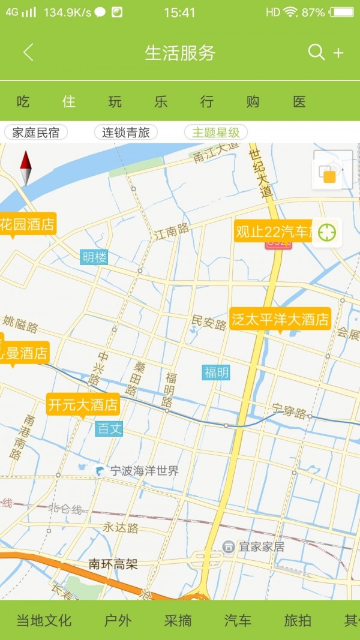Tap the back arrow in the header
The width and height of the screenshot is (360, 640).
coord(28,53)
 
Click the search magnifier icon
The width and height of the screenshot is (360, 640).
coord(316,52)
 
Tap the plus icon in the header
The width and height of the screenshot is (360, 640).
coord(338,53)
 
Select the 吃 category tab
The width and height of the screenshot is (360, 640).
coord(23,101)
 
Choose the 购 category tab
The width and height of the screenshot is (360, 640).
coord(253,101)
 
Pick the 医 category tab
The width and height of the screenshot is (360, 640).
coord(299,101)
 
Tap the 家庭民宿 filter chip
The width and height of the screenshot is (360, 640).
coord(36,133)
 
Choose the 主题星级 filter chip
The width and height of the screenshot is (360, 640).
coord(216,133)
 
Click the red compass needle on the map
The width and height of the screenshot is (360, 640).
coord(25,162)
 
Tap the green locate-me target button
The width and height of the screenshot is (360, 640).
coord(327,232)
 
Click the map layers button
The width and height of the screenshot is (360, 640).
coord(328,173)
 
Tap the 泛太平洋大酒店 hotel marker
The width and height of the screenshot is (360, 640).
coord(280,319)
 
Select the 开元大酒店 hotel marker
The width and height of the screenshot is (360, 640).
coord(83,404)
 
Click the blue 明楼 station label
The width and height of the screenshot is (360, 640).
coord(94,257)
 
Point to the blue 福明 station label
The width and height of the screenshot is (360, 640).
coord(216,372)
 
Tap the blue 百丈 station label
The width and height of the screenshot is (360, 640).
coord(109,428)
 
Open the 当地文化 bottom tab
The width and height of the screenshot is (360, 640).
coord(44,620)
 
